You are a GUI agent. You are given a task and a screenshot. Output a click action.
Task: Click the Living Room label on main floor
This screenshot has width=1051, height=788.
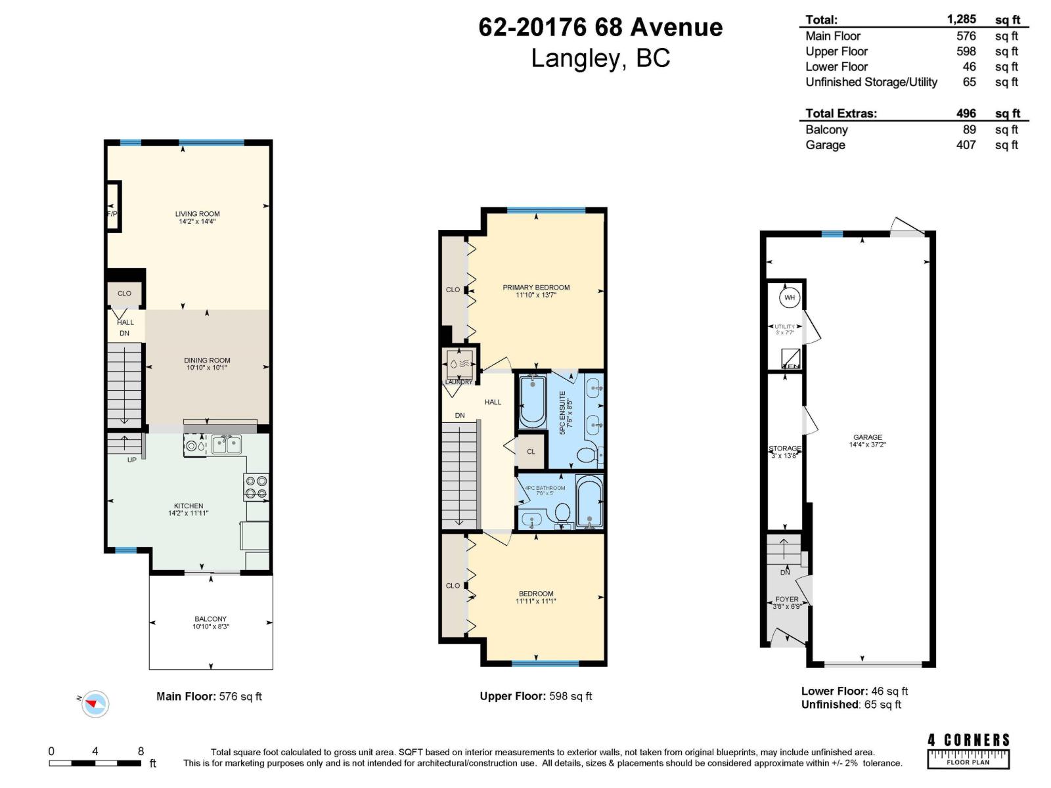[197, 217]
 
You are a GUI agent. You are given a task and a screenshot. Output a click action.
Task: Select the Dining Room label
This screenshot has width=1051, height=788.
[207, 364]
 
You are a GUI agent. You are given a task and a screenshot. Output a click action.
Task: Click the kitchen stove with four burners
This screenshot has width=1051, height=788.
[256, 487]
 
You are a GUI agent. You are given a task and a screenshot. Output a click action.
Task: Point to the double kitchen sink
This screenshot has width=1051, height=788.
[225, 445]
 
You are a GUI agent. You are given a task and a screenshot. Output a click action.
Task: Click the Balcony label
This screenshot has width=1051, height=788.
[210, 623]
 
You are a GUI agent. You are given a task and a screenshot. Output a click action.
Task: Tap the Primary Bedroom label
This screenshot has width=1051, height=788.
[536, 291]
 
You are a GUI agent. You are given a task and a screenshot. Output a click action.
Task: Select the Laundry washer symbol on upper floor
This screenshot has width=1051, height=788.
[459, 362]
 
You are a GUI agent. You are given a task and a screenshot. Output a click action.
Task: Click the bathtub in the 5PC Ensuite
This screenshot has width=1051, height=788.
[532, 401]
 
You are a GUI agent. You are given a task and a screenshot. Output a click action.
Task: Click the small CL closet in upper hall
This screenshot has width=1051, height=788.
[531, 452]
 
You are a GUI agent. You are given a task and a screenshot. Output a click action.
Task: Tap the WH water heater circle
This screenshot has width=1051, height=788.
[789, 297]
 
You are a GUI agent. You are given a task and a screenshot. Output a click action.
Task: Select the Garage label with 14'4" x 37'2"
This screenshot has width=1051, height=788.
[867, 441]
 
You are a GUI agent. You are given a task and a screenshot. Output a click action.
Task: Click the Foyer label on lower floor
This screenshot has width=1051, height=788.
[787, 602]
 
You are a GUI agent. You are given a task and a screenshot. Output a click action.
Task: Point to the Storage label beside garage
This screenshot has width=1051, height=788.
[785, 452]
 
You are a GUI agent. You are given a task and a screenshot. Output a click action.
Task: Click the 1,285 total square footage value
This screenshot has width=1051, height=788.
[961, 19]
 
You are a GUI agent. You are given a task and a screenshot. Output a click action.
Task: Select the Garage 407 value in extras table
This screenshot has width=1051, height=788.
[966, 145]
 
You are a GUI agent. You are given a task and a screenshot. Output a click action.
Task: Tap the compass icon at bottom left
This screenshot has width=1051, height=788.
[95, 704]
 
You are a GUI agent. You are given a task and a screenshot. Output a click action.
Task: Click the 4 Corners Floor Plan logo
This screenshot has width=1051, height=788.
[968, 750]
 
